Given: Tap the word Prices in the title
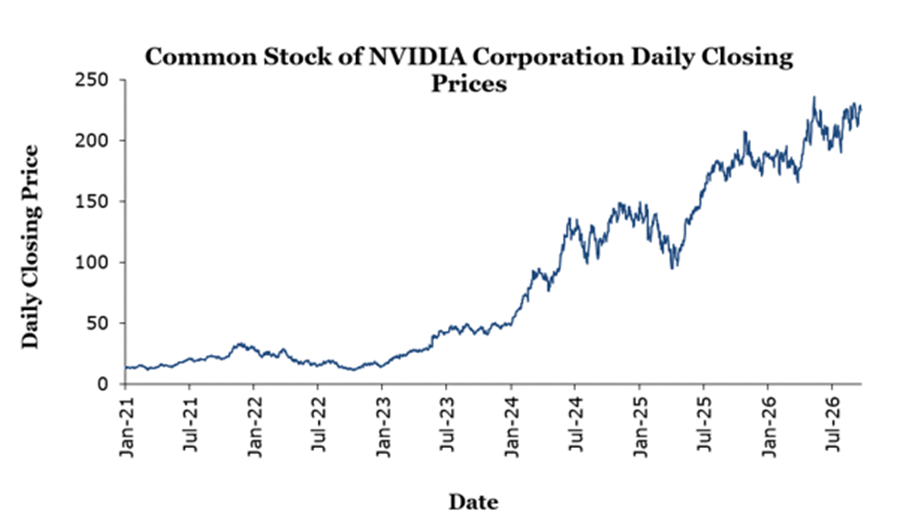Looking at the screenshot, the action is click(469, 84).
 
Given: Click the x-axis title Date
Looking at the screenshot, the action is click(473, 502).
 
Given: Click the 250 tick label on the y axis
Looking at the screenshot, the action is click(92, 80).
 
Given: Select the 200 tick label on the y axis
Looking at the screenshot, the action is click(92, 141).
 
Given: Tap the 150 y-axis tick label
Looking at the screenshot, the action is click(92, 202).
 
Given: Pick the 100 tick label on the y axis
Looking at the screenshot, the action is click(92, 263).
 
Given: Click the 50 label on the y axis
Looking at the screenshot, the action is click(97, 324).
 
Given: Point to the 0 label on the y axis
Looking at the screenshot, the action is click(103, 384).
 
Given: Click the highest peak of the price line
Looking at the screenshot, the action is click(814, 97).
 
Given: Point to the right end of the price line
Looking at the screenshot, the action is click(861, 109).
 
